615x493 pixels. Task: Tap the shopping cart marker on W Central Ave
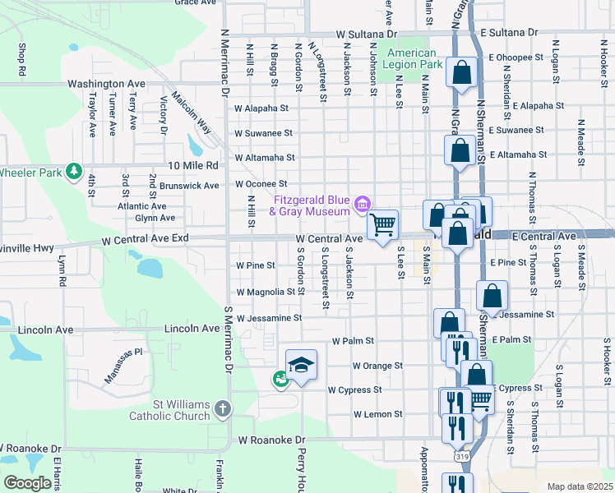(x=382, y=224)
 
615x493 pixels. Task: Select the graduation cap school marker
(x=301, y=363)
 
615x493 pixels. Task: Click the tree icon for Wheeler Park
(x=74, y=171)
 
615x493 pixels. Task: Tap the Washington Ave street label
(x=106, y=84)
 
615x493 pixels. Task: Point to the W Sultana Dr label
(x=366, y=35)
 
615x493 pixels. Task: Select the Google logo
(x=26, y=483)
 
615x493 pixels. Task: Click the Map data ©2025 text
(x=580, y=486)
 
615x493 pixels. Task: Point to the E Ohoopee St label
(x=516, y=58)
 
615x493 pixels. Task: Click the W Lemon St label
(x=377, y=414)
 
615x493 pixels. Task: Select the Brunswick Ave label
(x=189, y=186)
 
